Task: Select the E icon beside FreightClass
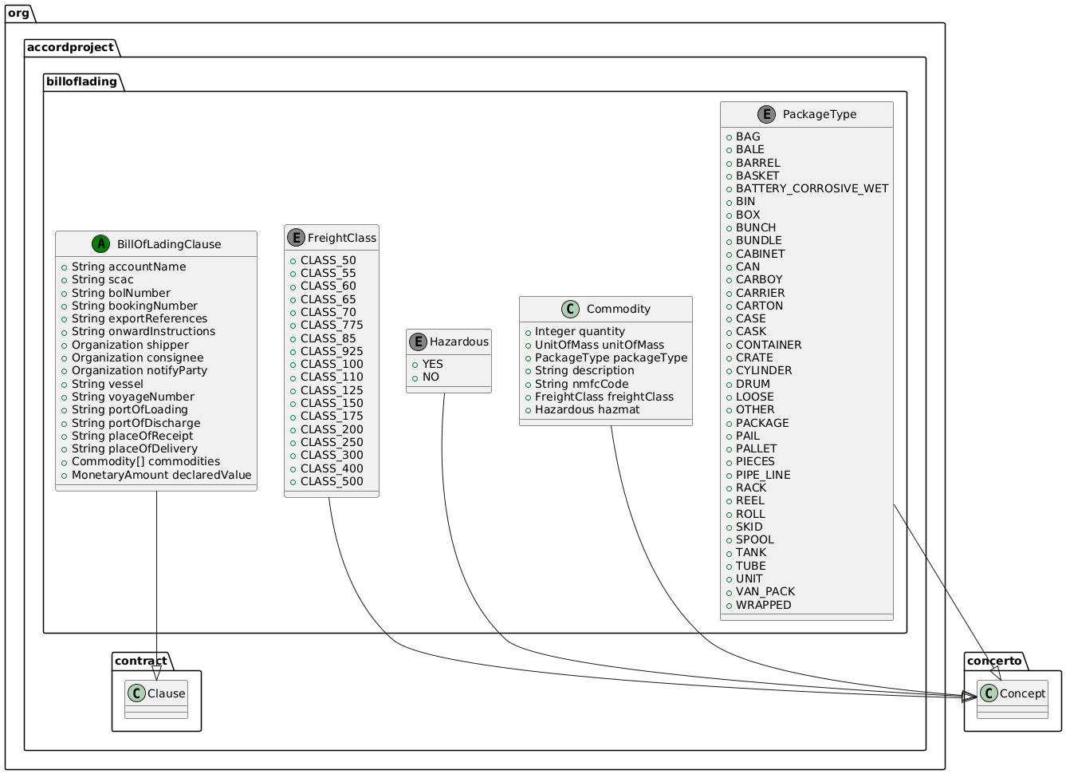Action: pos(295,238)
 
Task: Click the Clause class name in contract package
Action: pos(166,693)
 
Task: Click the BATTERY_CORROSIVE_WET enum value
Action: pos(812,188)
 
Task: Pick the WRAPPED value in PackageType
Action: pos(763,605)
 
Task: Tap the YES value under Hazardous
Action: pos(432,364)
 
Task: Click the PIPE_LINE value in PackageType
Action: pos(763,475)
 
